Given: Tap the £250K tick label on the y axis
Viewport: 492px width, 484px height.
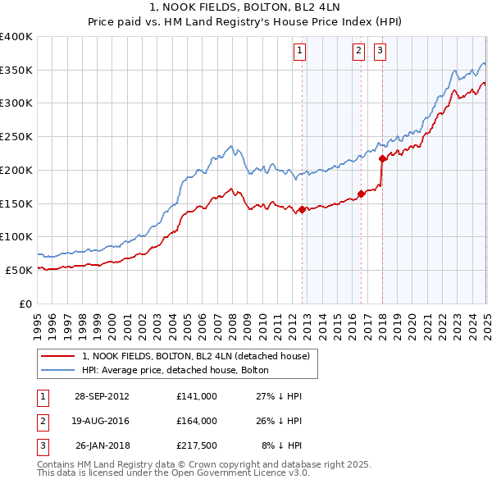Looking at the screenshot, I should coord(16,136).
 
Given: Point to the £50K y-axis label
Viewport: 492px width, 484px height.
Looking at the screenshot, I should coord(20,270).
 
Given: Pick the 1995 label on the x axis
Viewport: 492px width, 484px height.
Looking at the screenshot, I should coord(38,320).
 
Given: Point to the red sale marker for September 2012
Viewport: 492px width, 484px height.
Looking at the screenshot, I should coord(302,210).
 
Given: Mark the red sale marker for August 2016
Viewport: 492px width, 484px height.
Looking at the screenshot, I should coord(361,194).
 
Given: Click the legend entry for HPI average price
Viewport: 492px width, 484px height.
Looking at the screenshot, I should coord(156,370).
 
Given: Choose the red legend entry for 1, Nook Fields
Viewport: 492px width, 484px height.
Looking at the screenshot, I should coord(195,356).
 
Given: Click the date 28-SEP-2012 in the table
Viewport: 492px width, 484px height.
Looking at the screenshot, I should coord(102,396).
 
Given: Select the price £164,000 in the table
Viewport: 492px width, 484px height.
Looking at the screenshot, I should coord(196,421).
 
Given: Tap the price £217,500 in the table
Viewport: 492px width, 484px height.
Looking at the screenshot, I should coord(196,445).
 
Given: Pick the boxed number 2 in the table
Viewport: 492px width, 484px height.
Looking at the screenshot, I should coord(42,421).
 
